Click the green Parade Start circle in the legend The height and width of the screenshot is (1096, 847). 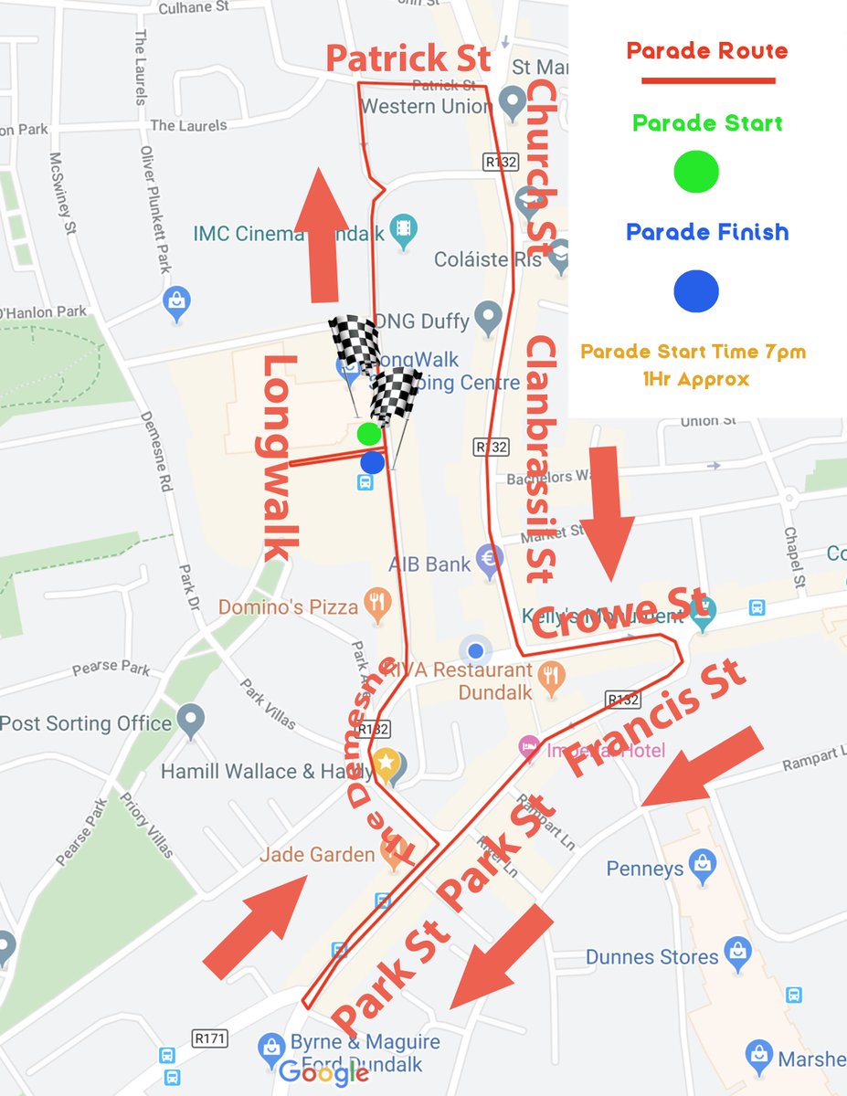tap(695, 171)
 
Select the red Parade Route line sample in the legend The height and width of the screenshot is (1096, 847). tap(707, 81)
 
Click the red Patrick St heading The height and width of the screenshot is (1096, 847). tap(408, 59)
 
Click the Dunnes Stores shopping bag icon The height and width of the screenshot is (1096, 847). tap(736, 953)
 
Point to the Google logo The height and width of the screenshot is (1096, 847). tap(323, 1072)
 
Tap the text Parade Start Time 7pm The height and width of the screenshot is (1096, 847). tap(693, 352)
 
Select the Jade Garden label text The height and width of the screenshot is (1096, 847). tap(317, 855)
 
